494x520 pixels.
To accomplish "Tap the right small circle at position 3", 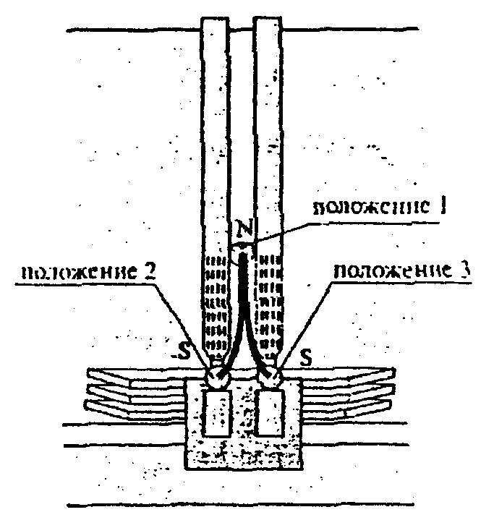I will coord(271,377).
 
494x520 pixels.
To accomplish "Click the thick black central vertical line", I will coord(244,289).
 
